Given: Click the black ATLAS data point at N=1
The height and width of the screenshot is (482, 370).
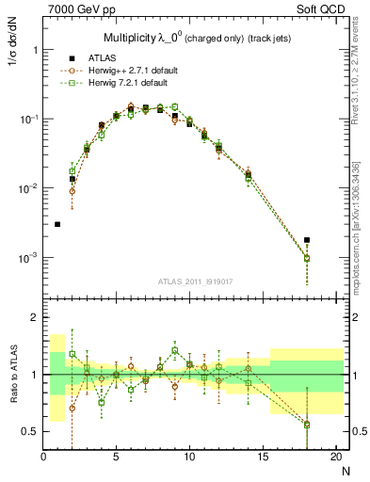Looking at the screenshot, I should [58, 224].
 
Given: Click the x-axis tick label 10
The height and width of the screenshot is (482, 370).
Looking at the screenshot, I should [189, 458].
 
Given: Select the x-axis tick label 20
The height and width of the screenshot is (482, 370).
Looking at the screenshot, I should [335, 458].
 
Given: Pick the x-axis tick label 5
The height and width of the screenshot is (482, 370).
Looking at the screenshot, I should [117, 458].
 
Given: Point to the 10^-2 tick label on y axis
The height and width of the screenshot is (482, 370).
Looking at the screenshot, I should [26, 188].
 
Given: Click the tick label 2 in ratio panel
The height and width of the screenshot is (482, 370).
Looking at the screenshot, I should [34, 317].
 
